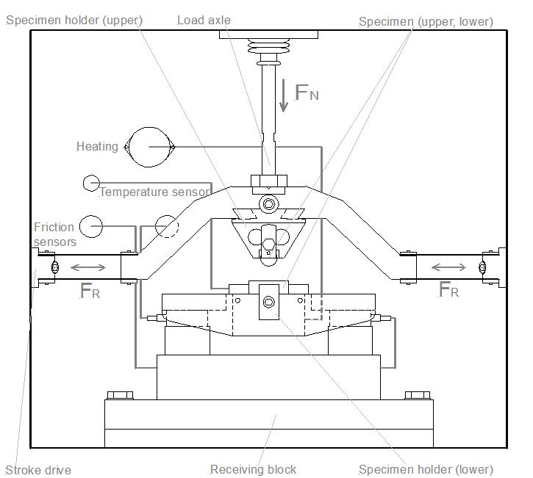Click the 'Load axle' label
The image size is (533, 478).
click(204, 21)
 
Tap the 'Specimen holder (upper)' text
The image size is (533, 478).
click(74, 21)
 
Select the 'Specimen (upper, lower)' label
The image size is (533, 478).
click(426, 22)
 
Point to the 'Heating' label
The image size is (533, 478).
click(97, 147)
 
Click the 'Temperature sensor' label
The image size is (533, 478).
click(154, 192)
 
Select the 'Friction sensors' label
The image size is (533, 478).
click(54, 234)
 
